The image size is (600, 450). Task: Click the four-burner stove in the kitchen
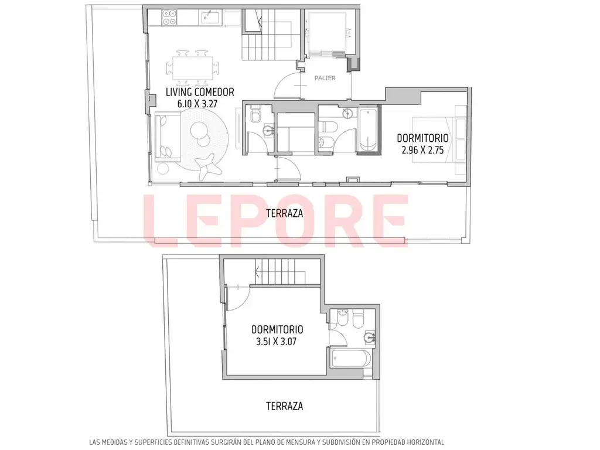tap(169, 17)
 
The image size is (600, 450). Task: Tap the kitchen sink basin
tap(210, 18)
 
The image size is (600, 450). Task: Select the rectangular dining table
tap(192, 68)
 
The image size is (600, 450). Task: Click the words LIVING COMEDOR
tap(200, 92)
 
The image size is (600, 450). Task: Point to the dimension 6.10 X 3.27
tap(200, 104)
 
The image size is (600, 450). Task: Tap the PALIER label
tap(325, 78)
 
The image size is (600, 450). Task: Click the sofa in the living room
tap(167, 137)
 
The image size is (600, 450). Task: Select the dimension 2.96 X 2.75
tap(422, 150)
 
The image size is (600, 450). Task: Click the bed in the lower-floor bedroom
tap(438, 139)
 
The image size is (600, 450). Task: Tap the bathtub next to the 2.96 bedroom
tap(369, 131)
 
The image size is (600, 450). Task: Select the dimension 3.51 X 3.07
tap(277, 342)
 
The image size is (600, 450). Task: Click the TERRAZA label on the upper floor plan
tap(284, 406)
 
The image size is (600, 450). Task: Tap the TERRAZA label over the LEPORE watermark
tap(284, 213)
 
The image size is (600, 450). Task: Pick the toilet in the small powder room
tap(255, 115)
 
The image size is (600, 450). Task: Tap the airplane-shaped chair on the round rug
tap(209, 165)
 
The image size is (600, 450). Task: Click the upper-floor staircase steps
tap(281, 272)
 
